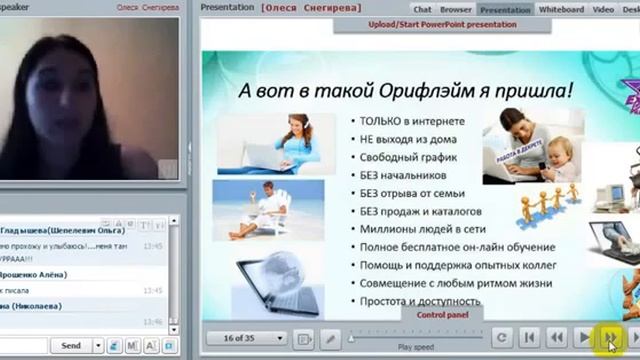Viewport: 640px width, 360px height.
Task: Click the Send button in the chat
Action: (x=71, y=346)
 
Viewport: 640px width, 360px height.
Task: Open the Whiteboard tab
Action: (x=562, y=9)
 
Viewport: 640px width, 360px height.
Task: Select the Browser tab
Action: (x=455, y=9)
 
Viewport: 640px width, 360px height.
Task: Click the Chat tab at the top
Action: (x=423, y=9)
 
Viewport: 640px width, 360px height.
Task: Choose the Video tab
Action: (x=603, y=9)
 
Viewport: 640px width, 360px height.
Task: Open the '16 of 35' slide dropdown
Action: (x=252, y=339)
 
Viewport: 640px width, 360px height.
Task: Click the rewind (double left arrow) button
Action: (x=556, y=339)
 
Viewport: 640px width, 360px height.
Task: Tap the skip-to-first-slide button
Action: (x=530, y=339)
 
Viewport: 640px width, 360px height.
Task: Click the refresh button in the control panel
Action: (x=503, y=339)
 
